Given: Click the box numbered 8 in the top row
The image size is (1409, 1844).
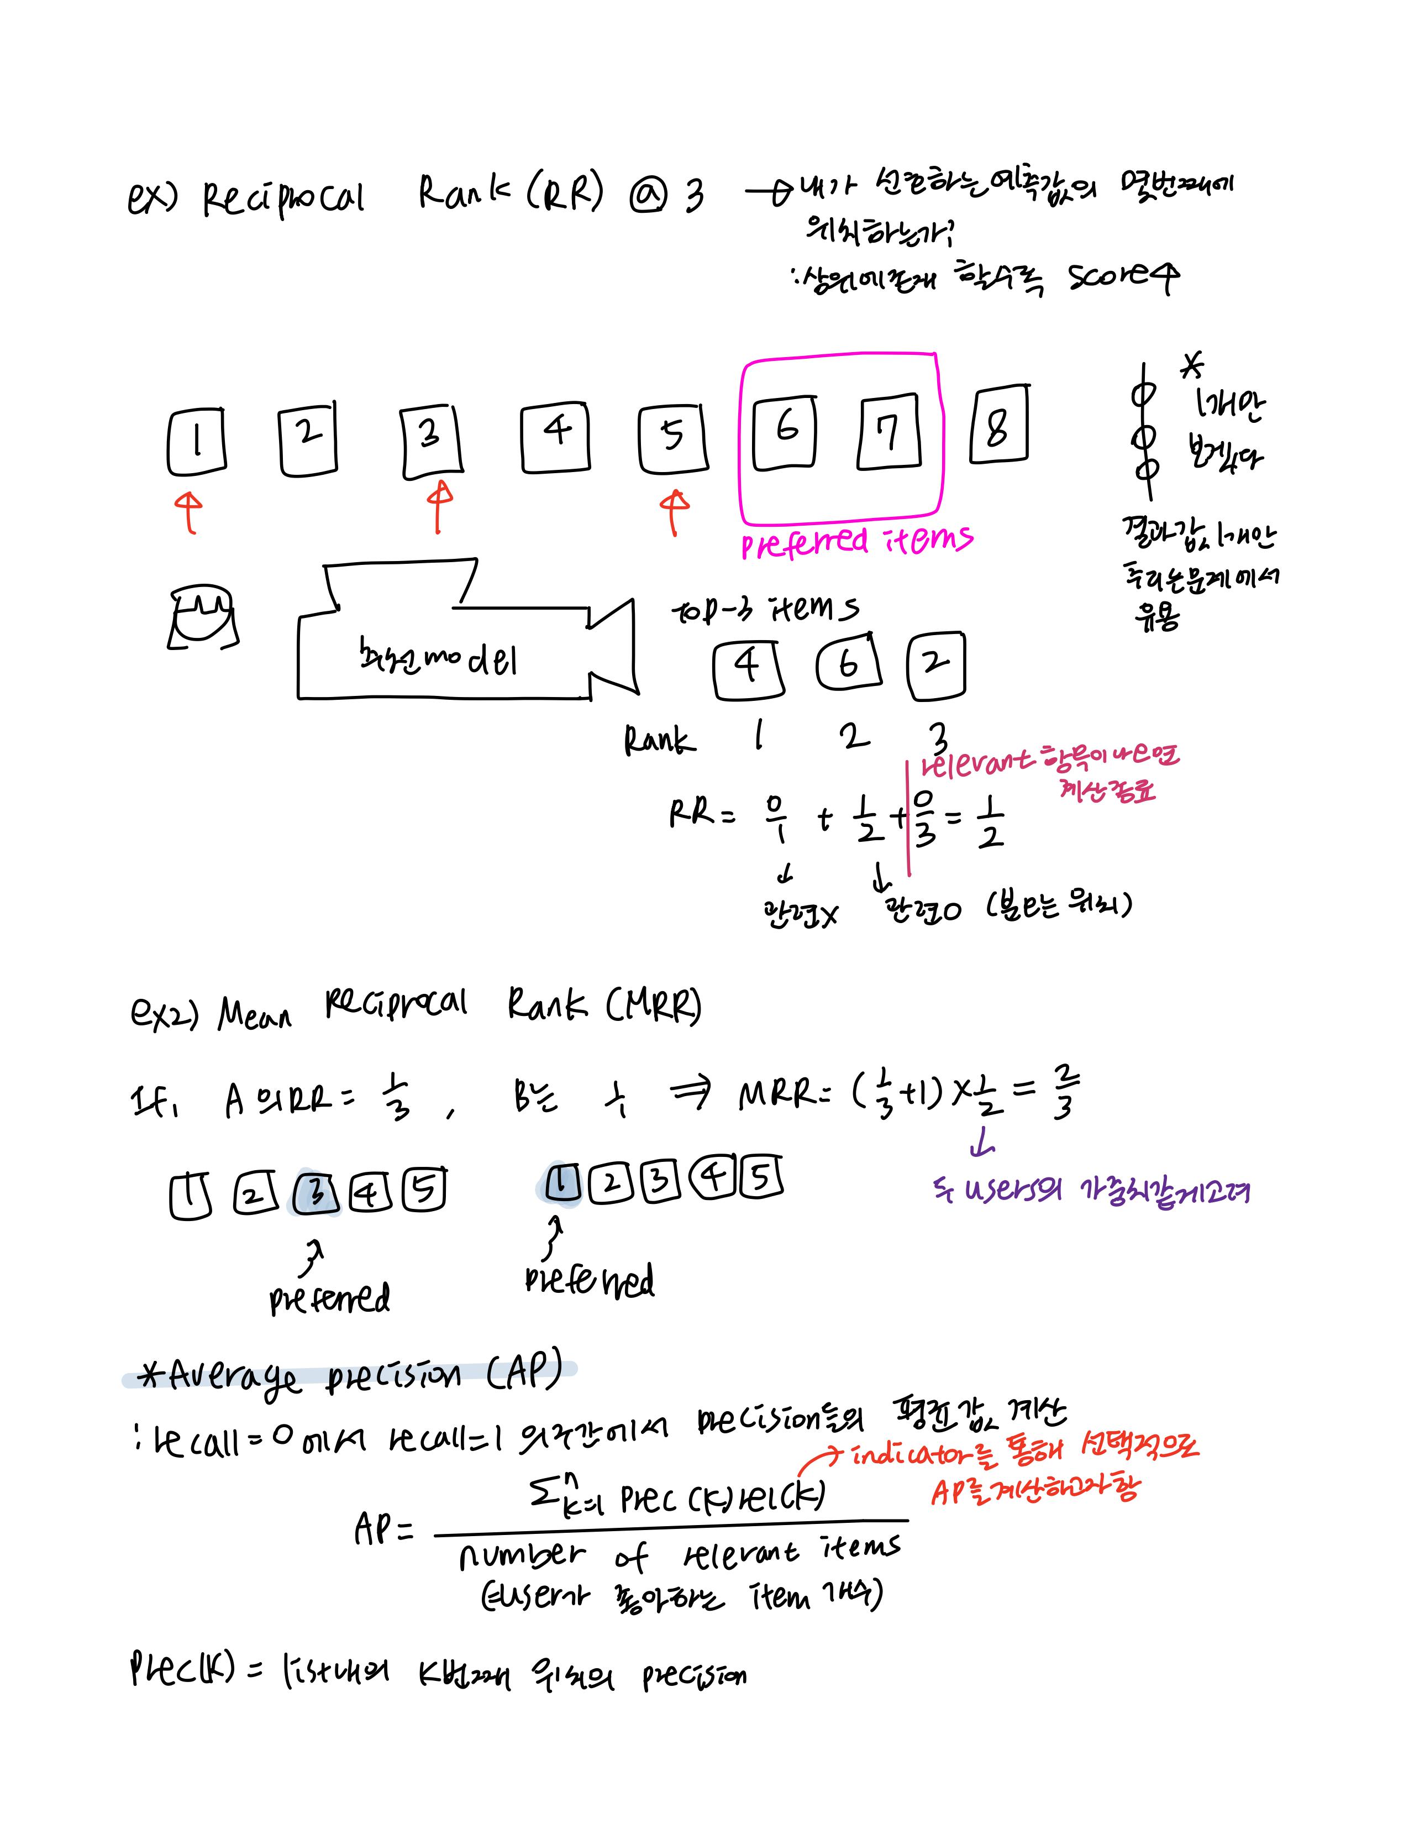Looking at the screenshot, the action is [998, 425].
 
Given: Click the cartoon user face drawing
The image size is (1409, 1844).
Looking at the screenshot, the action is [202, 617].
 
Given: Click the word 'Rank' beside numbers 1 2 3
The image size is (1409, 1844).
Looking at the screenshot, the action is [659, 741].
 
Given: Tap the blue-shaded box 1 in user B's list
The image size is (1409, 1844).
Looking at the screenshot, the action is [561, 1183].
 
